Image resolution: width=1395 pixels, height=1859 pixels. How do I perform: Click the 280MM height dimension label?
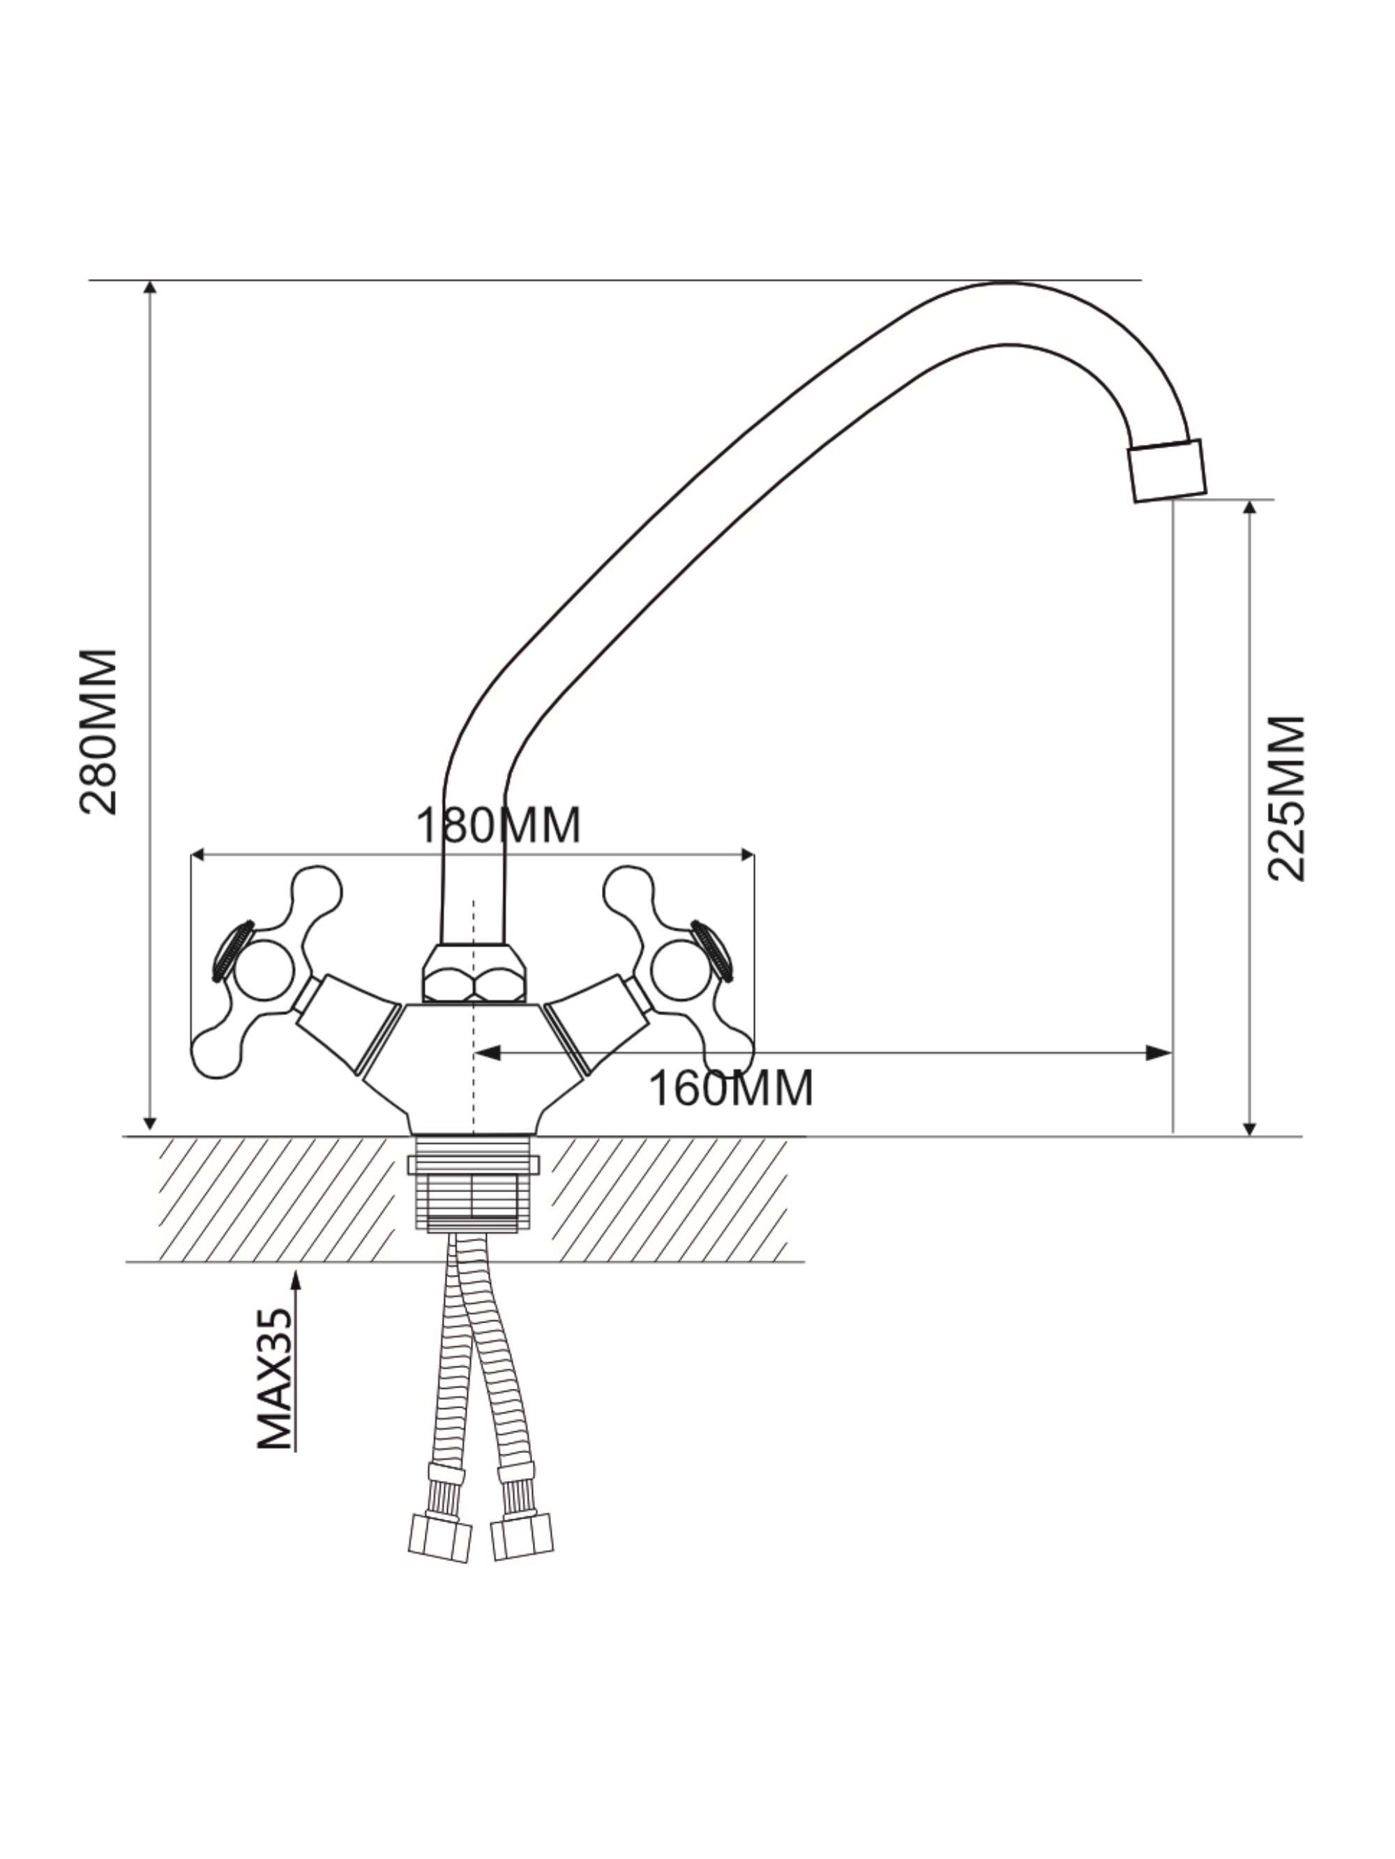(x=98, y=730)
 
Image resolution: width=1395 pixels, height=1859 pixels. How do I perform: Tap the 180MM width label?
(x=498, y=825)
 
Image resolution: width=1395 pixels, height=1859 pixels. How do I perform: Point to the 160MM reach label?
(x=731, y=1088)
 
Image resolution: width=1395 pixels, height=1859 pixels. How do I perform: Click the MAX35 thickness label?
(x=276, y=1379)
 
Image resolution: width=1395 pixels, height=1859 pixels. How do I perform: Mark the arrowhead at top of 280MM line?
(x=151, y=287)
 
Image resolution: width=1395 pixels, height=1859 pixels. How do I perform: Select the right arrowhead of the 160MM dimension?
(x=1160, y=1052)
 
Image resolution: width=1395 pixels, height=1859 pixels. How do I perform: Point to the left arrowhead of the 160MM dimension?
(x=488, y=1052)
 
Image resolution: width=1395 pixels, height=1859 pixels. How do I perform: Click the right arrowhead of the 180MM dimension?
(x=746, y=855)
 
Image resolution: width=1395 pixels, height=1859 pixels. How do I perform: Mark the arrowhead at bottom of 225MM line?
(x=1250, y=1128)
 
